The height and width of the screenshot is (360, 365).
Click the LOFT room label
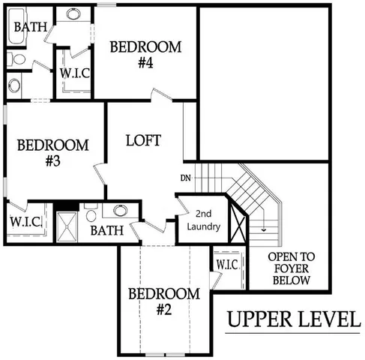143,140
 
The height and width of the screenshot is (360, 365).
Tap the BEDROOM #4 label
145,55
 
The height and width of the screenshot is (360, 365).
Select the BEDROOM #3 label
52,152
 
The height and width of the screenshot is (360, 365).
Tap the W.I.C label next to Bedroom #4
76,73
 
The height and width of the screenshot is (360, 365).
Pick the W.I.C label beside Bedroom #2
227,265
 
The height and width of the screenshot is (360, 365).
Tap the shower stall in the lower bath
69,224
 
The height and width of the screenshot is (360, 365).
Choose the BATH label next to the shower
107,230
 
